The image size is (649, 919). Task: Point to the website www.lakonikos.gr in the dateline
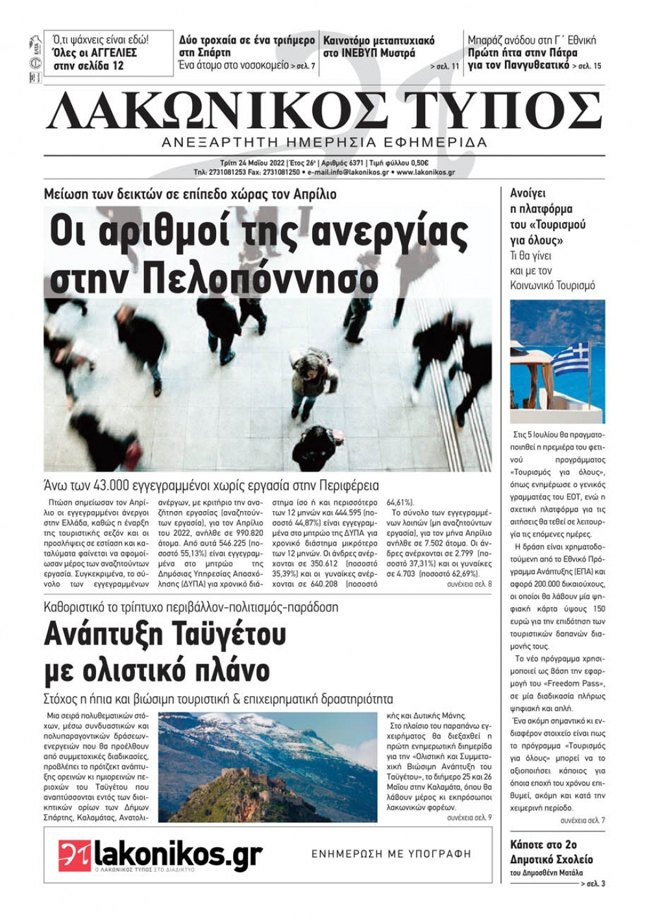tap(425, 172)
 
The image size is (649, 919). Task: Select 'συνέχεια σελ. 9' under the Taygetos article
tap(469, 818)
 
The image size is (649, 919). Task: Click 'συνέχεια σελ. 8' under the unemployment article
tap(469, 585)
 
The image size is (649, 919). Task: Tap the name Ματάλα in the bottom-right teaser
tap(570, 872)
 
